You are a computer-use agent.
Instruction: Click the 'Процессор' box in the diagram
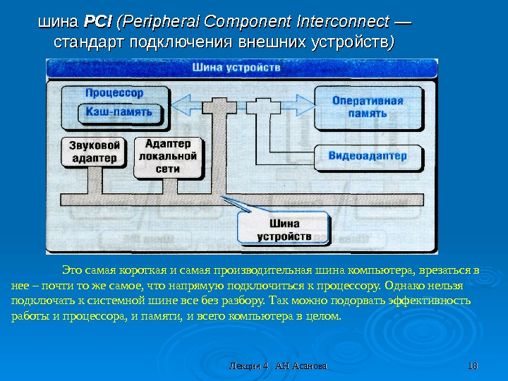(114, 92)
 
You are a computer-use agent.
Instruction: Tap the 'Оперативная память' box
(367, 107)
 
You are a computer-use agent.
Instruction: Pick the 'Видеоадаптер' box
(368, 156)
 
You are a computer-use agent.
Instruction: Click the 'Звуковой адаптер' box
(95, 151)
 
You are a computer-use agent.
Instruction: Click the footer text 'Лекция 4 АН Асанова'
(279, 366)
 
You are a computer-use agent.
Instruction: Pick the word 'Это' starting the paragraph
(72, 271)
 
